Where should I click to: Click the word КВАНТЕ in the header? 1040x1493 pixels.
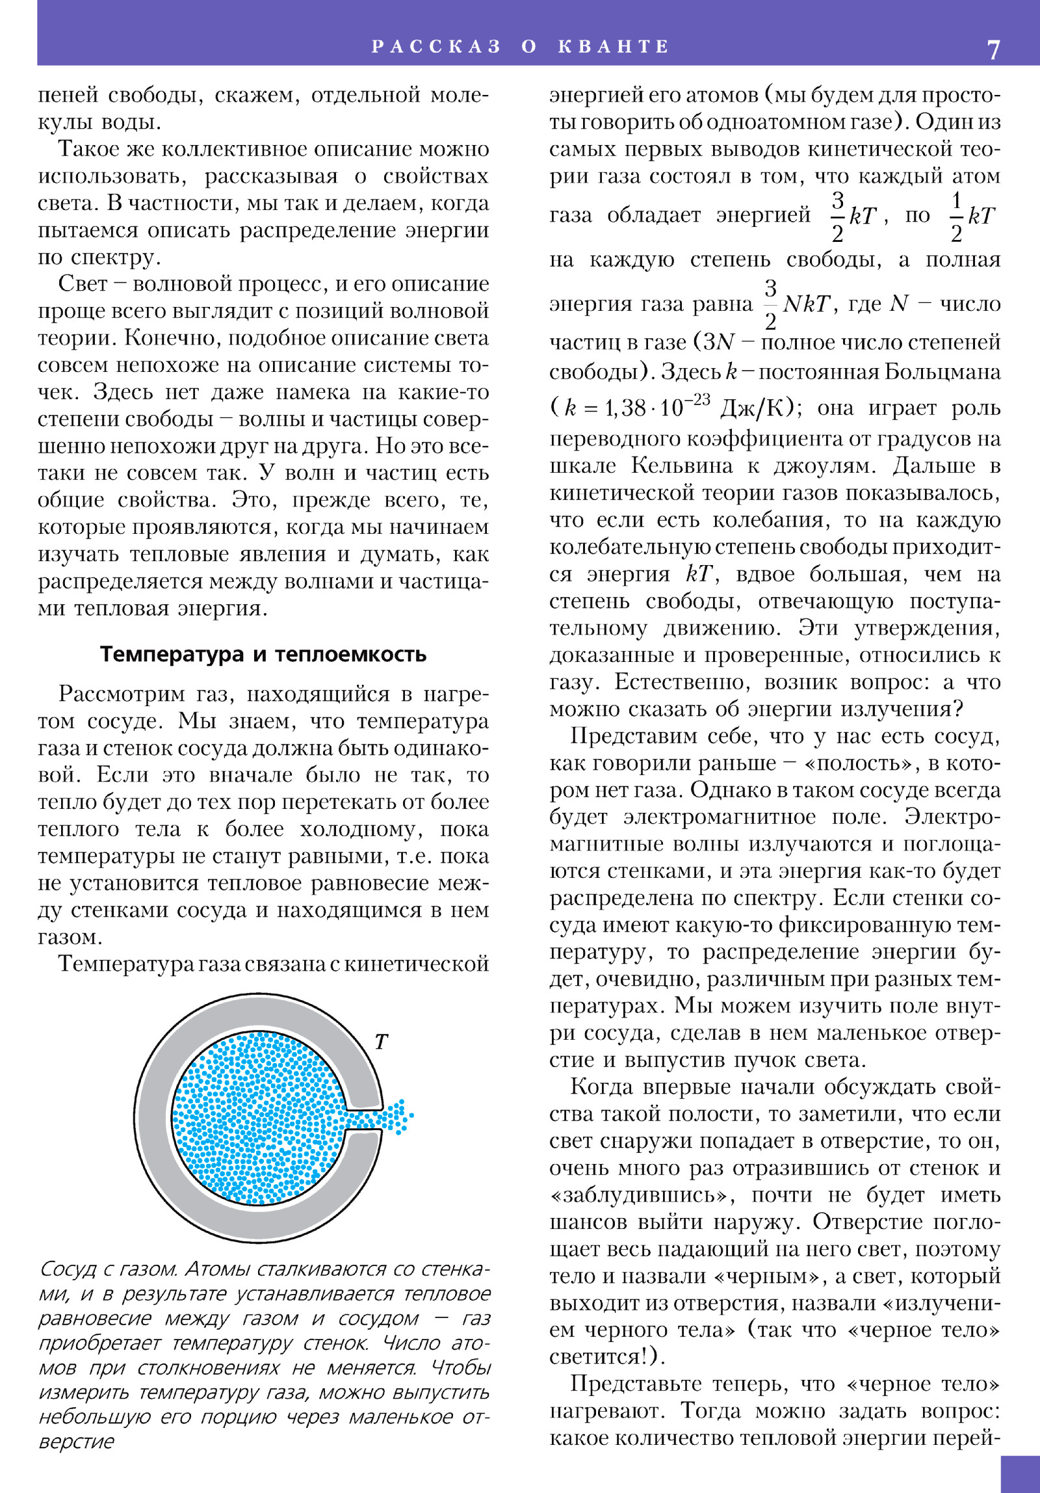coord(613,47)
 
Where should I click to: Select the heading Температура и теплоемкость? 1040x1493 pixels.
coord(263,654)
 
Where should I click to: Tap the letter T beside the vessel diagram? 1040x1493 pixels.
coord(382,1042)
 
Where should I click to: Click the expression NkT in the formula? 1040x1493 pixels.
coord(806,304)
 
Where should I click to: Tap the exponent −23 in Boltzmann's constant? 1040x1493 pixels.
coord(697,399)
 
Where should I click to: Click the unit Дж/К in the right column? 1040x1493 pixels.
coord(753,408)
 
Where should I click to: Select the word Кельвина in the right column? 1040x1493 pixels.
coord(682,466)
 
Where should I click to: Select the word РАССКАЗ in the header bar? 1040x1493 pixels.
coord(436,47)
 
